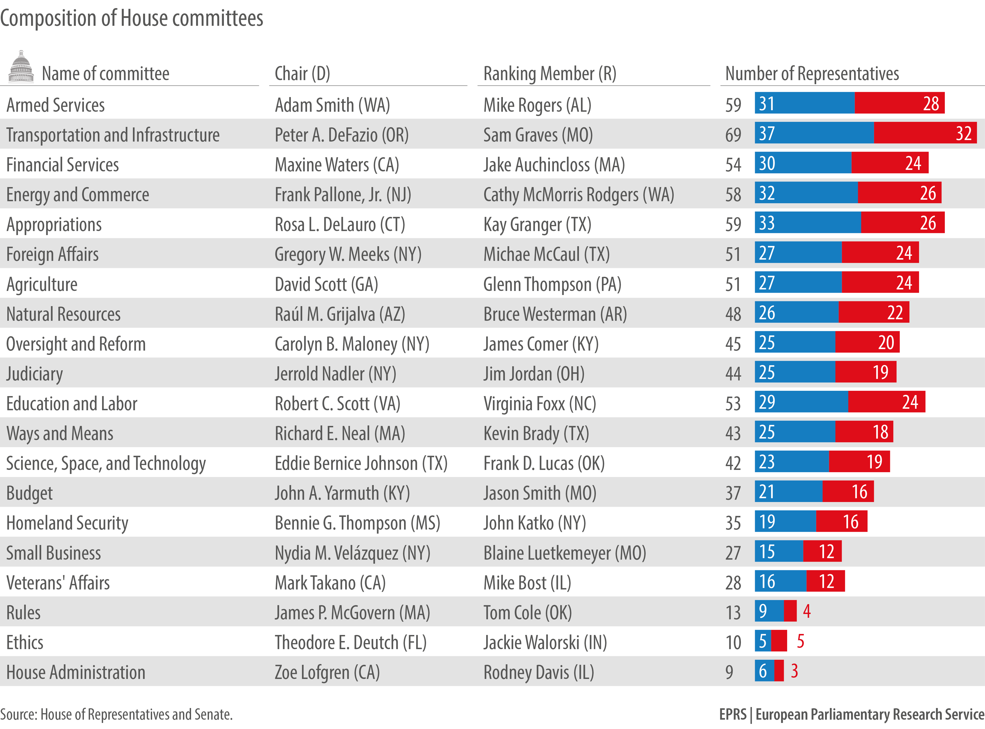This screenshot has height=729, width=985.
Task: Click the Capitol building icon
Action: pyautogui.click(x=21, y=67)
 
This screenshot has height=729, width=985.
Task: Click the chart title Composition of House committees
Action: pyautogui.click(x=131, y=18)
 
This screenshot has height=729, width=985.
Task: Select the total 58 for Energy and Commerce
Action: pyautogui.click(x=733, y=195)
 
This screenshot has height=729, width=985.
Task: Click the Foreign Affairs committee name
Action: pyautogui.click(x=53, y=255)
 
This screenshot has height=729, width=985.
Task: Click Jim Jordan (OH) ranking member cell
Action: pyautogui.click(x=534, y=374)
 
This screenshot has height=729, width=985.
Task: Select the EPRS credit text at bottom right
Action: pyautogui.click(x=851, y=714)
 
